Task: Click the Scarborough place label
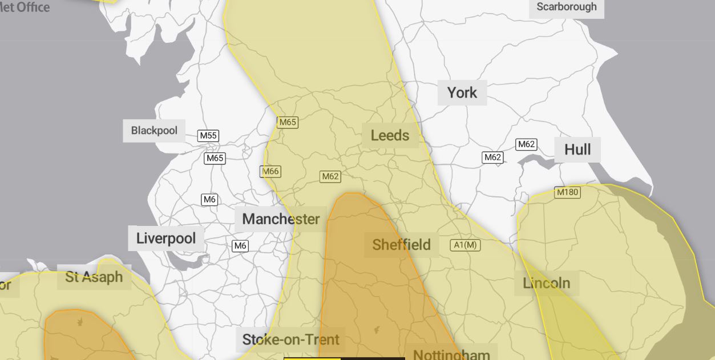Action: click(566, 7)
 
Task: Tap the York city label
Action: click(462, 92)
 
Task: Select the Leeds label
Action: click(390, 136)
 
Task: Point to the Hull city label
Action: click(577, 150)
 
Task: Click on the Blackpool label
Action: click(154, 131)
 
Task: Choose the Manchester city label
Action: click(281, 219)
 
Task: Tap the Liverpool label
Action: click(165, 238)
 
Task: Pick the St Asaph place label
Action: click(94, 277)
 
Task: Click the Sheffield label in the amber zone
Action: click(401, 245)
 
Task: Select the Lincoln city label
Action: click(546, 283)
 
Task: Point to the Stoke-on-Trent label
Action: click(290, 340)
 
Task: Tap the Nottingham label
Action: click(451, 354)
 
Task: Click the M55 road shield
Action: click(208, 136)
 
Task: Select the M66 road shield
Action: click(270, 171)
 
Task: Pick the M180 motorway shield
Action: click(567, 192)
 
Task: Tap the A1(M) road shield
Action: click(466, 245)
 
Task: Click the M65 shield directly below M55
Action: click(215, 158)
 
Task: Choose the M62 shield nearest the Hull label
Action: click(526, 144)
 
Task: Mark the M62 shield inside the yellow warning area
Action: click(330, 176)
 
